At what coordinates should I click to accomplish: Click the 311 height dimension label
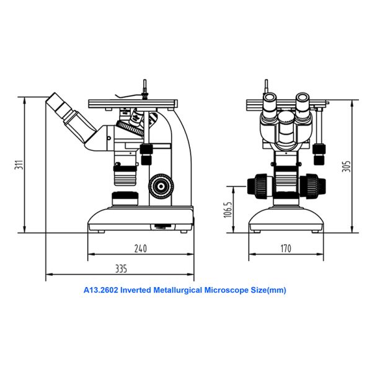click(19, 166)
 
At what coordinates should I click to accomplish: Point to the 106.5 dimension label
click(228, 210)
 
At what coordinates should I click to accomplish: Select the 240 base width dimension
click(141, 249)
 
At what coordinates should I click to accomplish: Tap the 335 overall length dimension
click(120, 268)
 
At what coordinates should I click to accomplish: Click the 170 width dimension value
click(286, 249)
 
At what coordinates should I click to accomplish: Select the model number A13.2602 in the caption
click(101, 290)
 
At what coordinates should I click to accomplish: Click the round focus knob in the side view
click(162, 185)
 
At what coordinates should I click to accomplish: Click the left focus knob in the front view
click(260, 185)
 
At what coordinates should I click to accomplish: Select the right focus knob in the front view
click(312, 185)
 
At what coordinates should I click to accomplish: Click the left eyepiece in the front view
click(271, 107)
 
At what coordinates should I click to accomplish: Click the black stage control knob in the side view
click(147, 154)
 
